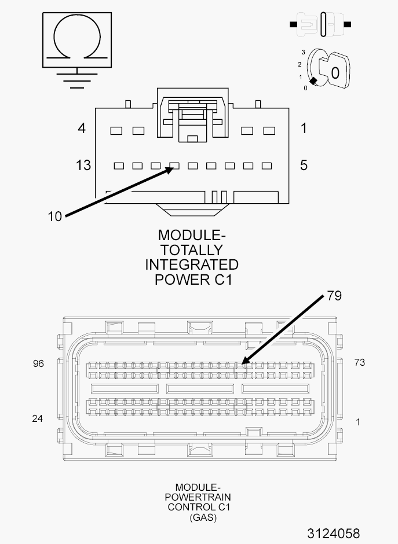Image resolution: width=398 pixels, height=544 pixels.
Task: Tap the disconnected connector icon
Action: coord(320,24)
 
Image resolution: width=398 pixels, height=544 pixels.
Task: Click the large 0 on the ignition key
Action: coord(335,73)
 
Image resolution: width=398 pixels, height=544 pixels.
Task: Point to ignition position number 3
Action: coord(303,52)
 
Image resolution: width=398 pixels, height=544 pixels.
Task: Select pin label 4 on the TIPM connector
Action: coord(81,128)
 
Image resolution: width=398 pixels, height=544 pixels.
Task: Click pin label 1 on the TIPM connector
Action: coord(304,128)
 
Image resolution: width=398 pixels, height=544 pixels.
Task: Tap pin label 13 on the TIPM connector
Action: coord(83,165)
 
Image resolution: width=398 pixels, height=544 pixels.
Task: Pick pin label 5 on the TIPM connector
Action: coord(304,165)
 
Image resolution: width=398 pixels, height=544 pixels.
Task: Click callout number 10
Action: coord(54,216)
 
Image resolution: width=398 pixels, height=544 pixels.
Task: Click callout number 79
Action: coord(334,296)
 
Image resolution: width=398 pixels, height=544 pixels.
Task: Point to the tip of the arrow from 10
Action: coord(174,168)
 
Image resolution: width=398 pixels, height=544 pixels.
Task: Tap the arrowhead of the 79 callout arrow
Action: coord(242,363)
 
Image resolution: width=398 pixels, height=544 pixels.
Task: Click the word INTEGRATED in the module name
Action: coord(192,264)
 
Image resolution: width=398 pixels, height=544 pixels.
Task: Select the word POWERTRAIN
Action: coord(198,497)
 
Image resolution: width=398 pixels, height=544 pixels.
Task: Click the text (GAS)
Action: coord(203,517)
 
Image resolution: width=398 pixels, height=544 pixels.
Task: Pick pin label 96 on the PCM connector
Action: coord(38,363)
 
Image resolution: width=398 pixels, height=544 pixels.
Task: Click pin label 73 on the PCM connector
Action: coord(359,362)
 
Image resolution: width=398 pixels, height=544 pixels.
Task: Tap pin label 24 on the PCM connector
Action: coord(38,418)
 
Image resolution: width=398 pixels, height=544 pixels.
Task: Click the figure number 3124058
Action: coord(333,533)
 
